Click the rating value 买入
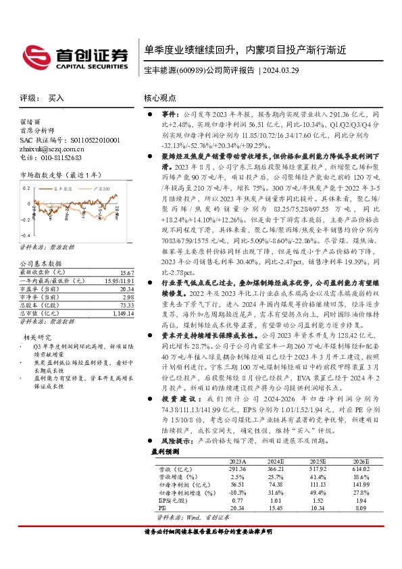(x=56, y=98)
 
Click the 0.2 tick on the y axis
(x=26, y=189)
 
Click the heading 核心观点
(x=160, y=98)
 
